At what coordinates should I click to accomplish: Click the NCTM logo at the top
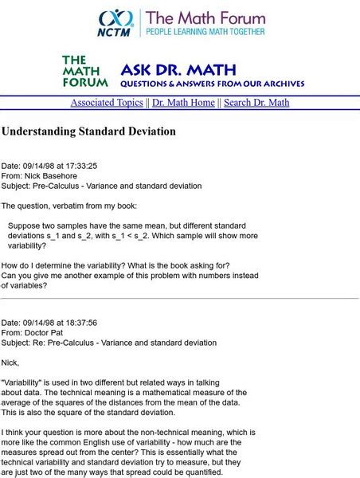coord(116,22)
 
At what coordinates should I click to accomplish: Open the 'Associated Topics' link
coord(107,103)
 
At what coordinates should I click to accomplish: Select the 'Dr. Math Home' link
coord(184,103)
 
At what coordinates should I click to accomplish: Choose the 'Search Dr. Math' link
coord(256,103)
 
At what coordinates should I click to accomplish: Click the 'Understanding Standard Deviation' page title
coord(88,131)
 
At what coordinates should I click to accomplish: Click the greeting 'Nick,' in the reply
coord(11,362)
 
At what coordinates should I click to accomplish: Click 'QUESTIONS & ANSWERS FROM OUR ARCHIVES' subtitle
coord(212,83)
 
